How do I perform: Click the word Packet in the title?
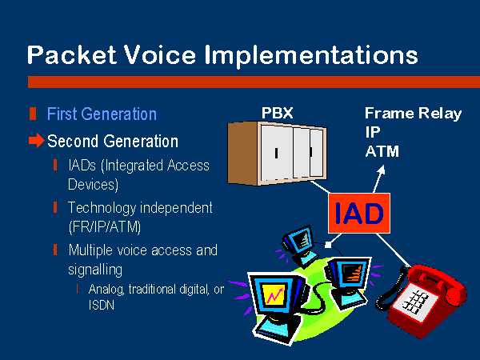tap(72, 54)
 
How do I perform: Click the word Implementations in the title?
tap(310, 56)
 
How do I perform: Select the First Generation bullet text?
tap(102, 114)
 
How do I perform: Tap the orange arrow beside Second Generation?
tap(36, 140)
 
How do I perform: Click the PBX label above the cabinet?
tap(277, 113)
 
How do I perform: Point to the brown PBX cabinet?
tap(277, 153)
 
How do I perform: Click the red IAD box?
tap(359, 213)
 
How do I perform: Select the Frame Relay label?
tap(413, 114)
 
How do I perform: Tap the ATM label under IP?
tap(382, 151)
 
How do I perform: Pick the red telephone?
tap(422, 301)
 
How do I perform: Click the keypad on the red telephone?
tap(414, 301)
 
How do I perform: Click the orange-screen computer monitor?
tap(349, 282)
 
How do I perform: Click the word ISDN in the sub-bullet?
tap(102, 306)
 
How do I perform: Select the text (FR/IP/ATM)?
tap(105, 227)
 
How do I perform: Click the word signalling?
tap(95, 270)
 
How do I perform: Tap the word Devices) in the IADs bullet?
tap(93, 185)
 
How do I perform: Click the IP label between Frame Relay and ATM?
tap(372, 132)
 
